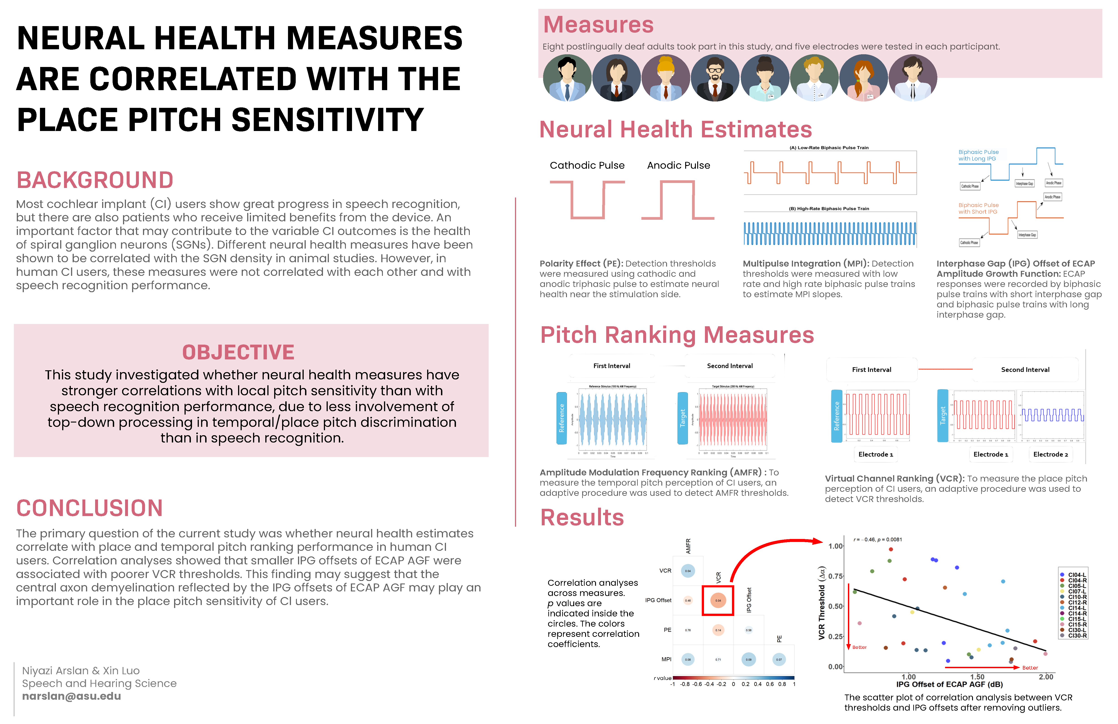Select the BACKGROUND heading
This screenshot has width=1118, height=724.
point(95,180)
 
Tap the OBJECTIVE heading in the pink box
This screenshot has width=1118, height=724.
point(238,352)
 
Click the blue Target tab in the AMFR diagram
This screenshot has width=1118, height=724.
point(682,418)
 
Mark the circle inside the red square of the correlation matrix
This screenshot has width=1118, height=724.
point(718,600)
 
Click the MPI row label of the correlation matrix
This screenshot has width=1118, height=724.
point(666,659)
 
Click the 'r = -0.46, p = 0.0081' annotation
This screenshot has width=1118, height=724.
point(877,539)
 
